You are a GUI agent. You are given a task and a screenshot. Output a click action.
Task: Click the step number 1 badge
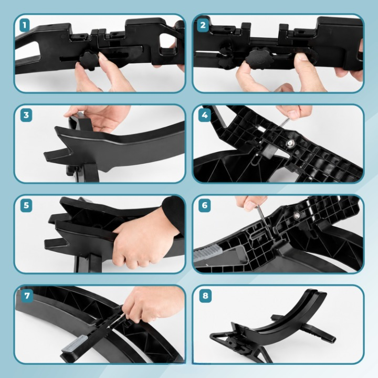[24, 25]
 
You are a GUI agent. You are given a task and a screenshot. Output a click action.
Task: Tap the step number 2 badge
[203, 25]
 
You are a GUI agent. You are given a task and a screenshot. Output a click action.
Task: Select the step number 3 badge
[26, 115]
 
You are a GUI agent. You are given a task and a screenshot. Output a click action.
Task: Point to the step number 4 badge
[204, 115]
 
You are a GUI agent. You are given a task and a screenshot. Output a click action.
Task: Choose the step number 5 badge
[26, 206]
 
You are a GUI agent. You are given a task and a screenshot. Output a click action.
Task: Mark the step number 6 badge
[204, 206]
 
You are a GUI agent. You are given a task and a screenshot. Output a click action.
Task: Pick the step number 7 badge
[27, 296]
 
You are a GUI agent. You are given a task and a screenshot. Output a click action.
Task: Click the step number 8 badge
[205, 296]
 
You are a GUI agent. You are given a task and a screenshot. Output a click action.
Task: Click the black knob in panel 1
[89, 60]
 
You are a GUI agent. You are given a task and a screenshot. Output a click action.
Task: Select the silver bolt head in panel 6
[297, 215]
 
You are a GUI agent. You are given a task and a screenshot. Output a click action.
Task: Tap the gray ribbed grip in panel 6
[208, 253]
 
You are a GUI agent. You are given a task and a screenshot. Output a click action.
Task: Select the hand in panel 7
[151, 303]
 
